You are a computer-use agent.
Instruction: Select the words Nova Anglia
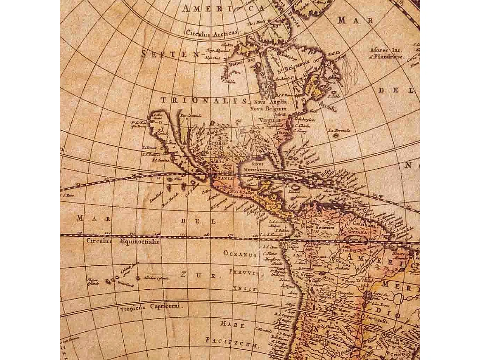tap(270, 101)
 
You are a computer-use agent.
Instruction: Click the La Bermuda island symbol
tap(336, 135)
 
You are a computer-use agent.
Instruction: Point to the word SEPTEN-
tap(170, 54)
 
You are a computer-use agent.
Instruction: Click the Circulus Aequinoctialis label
tap(123, 241)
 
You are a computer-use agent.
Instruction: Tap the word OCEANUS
tap(240, 254)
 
